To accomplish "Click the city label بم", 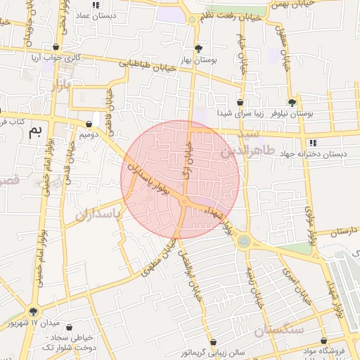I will tap(35, 131).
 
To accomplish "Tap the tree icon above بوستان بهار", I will tap(199, 49).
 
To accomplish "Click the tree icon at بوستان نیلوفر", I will tap(292, 102).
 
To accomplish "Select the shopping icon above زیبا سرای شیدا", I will tap(240, 102).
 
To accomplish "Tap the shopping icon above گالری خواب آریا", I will tap(56, 47).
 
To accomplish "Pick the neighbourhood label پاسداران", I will tap(98, 211).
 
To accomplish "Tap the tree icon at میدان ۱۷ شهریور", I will tap(33, 311).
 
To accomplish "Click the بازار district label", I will tap(62, 86).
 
